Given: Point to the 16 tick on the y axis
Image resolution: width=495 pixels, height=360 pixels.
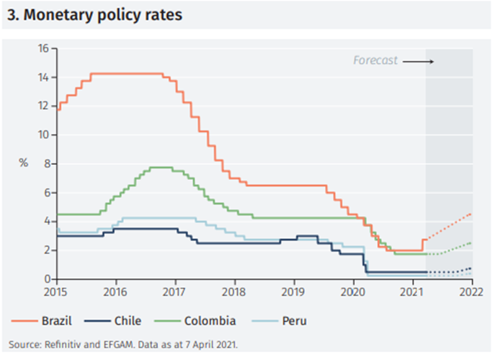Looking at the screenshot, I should tap(43, 49).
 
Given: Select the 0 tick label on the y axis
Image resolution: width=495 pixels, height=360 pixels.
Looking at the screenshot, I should tap(45, 279).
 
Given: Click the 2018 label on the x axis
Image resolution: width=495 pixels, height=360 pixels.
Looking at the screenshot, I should tap(234, 292).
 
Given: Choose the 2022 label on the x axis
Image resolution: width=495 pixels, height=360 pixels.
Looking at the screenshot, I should tap(471, 292).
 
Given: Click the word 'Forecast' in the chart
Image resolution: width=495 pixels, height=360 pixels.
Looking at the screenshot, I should tap(375, 60).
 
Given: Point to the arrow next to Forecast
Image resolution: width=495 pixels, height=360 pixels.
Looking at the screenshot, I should tap(418, 61).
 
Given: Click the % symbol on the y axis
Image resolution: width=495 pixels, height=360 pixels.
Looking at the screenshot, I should tap(23, 163).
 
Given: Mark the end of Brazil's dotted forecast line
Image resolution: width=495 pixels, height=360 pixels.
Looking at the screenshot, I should tap(471, 213).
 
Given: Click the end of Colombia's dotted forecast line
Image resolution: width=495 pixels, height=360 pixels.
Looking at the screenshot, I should tap(471, 243).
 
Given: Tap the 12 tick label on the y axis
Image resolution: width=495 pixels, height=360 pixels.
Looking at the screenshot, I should tap(43, 106).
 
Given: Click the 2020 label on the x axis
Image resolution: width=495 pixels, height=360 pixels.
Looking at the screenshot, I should tap(353, 292).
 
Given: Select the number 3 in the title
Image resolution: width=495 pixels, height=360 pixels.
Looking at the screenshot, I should tap(11, 14).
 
